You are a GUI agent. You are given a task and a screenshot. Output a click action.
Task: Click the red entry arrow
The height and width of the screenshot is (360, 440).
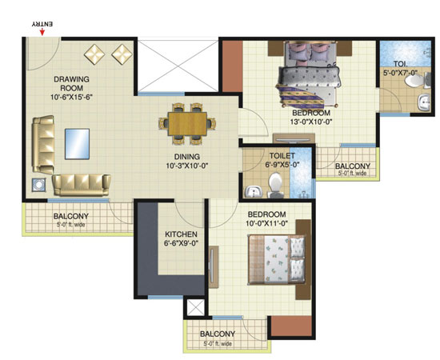(42, 32)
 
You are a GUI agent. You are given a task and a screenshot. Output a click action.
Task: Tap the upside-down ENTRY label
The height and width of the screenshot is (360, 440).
(42, 24)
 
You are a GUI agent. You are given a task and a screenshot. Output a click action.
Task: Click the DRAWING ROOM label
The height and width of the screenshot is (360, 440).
(71, 84)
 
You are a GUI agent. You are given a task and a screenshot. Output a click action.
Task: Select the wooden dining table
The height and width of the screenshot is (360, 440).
(187, 124)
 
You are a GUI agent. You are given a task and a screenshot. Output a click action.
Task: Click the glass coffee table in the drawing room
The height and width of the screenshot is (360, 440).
(77, 144)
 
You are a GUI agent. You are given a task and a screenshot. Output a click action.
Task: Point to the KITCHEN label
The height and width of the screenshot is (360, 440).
(181, 234)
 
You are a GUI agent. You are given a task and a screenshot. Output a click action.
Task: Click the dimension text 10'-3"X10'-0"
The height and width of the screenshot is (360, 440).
(187, 166)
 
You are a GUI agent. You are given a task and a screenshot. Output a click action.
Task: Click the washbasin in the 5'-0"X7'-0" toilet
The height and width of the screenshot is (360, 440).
(424, 102)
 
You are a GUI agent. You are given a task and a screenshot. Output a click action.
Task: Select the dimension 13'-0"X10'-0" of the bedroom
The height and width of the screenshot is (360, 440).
(311, 122)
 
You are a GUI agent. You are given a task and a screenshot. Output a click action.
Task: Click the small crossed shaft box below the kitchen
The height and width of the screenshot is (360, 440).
(195, 307)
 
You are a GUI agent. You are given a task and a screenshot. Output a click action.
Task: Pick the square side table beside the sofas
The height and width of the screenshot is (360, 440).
(38, 185)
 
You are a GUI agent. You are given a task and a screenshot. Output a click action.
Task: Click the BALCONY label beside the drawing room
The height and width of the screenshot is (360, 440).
(71, 216)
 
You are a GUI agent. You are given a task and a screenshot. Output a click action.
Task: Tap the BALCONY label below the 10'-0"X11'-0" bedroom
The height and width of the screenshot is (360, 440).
(218, 334)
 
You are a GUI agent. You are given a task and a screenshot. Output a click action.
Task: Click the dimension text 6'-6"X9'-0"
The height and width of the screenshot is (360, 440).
(181, 243)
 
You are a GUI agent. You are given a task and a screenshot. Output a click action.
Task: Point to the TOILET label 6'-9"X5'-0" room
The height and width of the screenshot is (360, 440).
(282, 156)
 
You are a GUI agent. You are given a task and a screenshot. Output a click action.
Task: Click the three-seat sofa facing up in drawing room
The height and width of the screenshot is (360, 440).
(82, 185)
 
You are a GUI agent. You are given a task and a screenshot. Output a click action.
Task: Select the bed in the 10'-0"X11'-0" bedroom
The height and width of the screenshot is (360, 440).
(278, 259)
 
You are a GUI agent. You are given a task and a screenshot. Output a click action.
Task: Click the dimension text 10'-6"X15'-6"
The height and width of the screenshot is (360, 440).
(71, 98)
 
